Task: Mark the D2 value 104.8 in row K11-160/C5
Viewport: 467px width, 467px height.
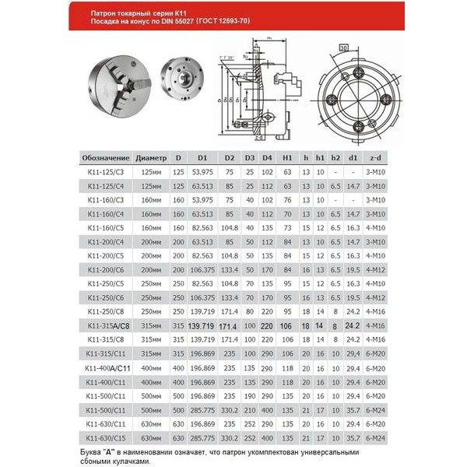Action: pos(230,228)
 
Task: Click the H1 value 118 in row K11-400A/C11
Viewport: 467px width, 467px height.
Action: pos(286,367)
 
